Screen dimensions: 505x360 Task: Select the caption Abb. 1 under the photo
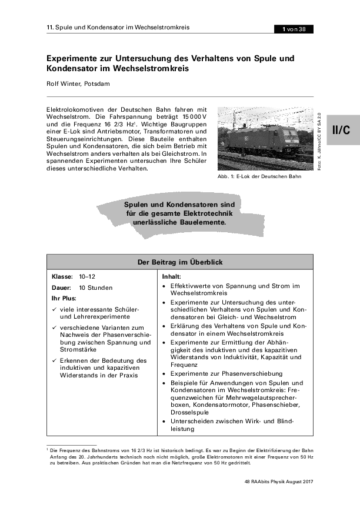pos(259,176)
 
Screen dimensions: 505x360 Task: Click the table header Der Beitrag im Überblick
pos(180,260)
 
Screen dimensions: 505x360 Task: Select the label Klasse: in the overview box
pos(62,276)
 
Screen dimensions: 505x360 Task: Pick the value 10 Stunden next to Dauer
pos(95,287)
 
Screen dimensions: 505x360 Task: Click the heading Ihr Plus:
pos(64,299)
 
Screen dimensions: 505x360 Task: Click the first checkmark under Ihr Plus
pos(55,310)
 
